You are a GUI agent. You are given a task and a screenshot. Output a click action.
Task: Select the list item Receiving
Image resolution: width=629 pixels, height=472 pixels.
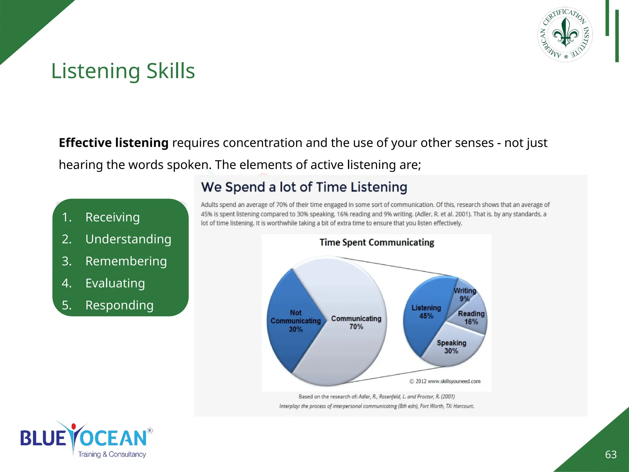[112, 217]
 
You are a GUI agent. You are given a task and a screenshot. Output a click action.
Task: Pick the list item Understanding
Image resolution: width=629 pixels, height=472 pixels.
[128, 239]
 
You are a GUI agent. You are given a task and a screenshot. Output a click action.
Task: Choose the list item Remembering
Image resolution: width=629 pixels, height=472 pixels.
[126, 261]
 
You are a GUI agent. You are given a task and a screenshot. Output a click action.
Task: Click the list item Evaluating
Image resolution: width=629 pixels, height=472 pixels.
[115, 283]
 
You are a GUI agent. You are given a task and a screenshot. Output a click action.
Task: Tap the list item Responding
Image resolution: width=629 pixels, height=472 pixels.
[119, 305]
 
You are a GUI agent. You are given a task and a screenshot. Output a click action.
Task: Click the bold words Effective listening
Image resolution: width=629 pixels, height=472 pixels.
[113, 143]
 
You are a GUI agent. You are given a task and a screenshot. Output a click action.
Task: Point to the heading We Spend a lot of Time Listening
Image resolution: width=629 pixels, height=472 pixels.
[304, 187]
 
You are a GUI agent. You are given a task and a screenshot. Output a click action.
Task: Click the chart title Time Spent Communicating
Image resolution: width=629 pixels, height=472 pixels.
[377, 242]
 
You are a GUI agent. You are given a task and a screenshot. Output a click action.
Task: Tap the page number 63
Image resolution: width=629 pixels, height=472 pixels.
[611, 454]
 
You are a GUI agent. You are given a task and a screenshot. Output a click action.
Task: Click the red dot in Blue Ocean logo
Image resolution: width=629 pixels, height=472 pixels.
[73, 427]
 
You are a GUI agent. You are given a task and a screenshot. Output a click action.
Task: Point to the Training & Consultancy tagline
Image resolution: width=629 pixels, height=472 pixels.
[112, 454]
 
